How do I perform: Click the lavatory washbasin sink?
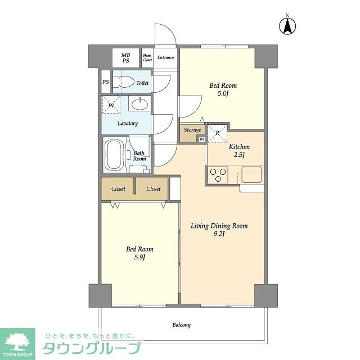(139, 104)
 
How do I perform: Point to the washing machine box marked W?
(111, 105)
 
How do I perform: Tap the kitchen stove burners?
(218, 174)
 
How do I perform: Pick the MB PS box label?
(126, 57)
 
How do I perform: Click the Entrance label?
(165, 57)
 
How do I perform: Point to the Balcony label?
(181, 325)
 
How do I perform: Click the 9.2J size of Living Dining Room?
(219, 235)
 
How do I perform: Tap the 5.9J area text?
(139, 258)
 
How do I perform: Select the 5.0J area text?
(223, 94)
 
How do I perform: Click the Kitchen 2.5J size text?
(238, 156)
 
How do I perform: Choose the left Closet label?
(118, 189)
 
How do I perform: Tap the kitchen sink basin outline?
(251, 175)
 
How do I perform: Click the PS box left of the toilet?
(106, 82)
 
